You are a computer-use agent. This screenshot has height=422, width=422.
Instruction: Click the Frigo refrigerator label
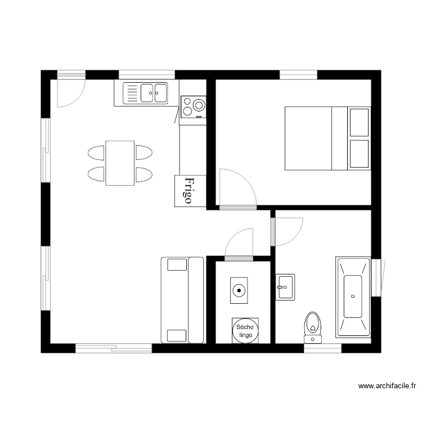tap(190, 191)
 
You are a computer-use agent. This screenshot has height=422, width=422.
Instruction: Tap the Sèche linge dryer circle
tap(245, 331)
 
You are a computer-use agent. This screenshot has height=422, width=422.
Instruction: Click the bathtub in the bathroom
tap(353, 297)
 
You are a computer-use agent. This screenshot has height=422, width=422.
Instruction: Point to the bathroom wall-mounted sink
tap(285, 288)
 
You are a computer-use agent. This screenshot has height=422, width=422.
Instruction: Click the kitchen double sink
tap(146, 93)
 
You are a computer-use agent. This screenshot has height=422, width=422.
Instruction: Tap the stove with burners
tap(193, 106)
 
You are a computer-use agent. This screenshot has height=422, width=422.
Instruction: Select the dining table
tap(120, 163)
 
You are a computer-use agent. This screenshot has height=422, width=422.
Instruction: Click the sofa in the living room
tap(182, 300)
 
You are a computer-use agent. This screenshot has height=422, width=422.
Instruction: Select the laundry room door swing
tap(239, 243)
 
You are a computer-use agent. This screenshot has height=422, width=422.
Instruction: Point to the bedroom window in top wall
tap(298, 75)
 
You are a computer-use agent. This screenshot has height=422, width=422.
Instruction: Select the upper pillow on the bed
tap(359, 122)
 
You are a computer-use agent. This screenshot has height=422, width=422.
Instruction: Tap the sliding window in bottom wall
tap(114, 348)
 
